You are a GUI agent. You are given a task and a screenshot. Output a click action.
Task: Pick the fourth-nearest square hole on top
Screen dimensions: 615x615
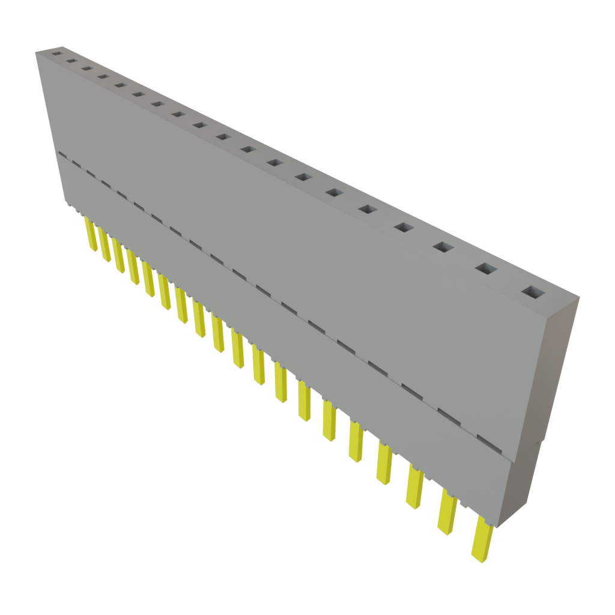tap(404, 227)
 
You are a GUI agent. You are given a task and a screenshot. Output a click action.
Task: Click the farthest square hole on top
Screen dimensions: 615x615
tap(56, 53)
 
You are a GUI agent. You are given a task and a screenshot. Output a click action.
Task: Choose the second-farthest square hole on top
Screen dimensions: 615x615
tap(71, 61)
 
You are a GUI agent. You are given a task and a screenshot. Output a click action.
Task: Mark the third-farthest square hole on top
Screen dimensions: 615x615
tap(86, 68)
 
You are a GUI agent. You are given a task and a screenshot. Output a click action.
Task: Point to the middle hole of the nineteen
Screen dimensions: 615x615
tap(223, 137)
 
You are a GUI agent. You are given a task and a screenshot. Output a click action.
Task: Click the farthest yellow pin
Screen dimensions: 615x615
tap(90, 232)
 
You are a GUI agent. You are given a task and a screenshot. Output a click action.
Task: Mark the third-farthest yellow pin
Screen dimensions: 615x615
tap(118, 255)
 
